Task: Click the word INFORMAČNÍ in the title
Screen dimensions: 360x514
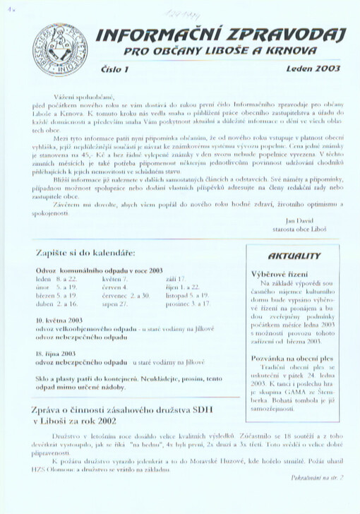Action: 160,35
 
